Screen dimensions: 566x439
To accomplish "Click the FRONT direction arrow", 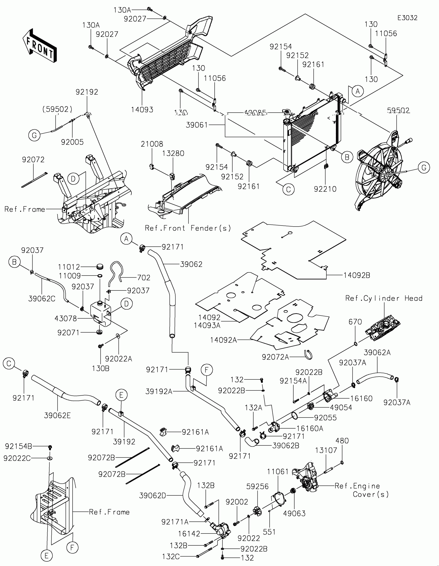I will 40,46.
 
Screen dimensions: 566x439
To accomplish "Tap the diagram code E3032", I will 407,18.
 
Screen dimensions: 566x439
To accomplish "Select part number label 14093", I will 142,110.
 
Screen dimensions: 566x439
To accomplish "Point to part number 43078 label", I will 66,319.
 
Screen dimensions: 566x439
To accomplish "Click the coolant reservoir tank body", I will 100,314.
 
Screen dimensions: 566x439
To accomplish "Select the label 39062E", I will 57,415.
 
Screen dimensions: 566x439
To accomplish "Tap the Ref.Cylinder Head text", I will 384,298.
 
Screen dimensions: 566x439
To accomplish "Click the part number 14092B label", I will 357,276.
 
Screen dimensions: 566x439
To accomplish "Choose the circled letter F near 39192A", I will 207,370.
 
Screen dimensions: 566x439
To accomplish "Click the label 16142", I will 189,534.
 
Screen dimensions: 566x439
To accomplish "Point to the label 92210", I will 325,189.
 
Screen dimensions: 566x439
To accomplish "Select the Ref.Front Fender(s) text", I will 188,228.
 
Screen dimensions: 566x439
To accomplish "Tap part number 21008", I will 152,144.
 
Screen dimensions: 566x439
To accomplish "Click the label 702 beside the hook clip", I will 144,278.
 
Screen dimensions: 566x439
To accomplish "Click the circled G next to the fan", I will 424,168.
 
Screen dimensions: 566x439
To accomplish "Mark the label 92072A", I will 275,357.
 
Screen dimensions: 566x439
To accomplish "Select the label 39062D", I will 152,496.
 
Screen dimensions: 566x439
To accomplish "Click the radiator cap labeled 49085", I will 287,112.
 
